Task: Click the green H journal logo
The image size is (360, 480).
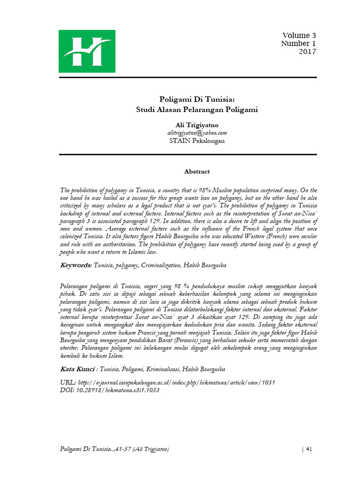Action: click(x=81, y=51)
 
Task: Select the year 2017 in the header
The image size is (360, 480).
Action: click(x=307, y=52)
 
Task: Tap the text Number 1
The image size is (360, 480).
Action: click(x=299, y=44)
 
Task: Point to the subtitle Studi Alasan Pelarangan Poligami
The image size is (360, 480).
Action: click(x=196, y=110)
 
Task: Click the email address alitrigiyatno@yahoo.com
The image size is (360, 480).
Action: click(x=196, y=133)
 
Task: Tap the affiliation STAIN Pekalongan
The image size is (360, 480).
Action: click(x=196, y=141)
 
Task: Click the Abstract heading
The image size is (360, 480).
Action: click(x=196, y=172)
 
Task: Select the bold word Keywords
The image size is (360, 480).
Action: click(x=75, y=265)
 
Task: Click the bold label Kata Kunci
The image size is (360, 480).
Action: click(x=78, y=368)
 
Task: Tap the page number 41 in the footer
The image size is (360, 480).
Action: click(x=308, y=450)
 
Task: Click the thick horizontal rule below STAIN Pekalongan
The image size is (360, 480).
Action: click(x=187, y=154)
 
